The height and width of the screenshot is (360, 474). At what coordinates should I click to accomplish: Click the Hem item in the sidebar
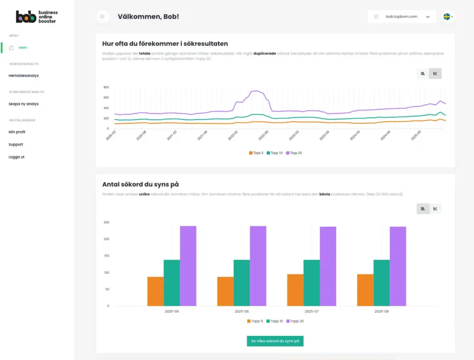point(22,48)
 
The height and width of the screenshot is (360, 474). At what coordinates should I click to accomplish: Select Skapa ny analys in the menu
point(24,104)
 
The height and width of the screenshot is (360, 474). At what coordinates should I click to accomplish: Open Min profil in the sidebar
point(17,132)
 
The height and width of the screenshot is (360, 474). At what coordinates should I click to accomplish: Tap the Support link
point(16,145)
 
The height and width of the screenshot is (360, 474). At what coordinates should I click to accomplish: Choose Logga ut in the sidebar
point(17,157)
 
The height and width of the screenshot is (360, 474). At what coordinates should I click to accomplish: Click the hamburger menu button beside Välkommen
point(102,17)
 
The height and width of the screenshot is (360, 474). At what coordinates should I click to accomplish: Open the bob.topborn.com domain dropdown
point(402,17)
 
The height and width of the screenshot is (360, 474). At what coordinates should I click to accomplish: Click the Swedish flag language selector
point(448,17)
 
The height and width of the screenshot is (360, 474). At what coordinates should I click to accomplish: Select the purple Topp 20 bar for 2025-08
point(398,266)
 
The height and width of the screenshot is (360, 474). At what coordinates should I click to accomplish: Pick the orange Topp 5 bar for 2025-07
point(295,290)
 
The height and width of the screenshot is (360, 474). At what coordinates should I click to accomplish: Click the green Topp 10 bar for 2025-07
point(312,283)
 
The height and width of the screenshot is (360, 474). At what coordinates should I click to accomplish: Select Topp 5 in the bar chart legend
point(255,321)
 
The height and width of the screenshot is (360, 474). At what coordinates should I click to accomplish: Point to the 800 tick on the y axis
point(106,87)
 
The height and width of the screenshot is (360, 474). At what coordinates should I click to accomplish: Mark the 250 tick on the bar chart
point(106,223)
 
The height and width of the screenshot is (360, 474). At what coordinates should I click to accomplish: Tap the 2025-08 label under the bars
point(381,311)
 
